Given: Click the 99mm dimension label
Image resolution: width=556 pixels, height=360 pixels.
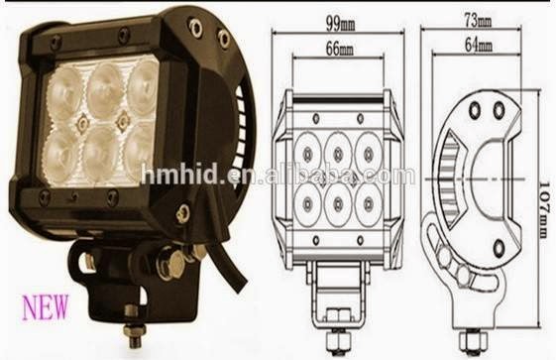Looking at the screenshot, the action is click(341, 24).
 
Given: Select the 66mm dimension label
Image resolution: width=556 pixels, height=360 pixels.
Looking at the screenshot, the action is click(340, 49).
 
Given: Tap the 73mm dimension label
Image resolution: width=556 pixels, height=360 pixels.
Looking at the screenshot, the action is click(478, 21).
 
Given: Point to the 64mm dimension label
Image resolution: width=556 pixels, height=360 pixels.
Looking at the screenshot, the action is click(479, 45).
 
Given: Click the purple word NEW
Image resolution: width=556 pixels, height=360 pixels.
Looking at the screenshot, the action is click(46, 306).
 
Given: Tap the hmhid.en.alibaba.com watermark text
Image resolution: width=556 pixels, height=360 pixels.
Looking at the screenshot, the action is click(278, 175).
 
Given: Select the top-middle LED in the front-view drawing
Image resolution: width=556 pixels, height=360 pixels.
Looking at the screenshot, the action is click(338, 153).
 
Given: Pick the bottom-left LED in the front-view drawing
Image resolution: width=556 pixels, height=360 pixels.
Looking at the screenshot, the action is click(308, 204).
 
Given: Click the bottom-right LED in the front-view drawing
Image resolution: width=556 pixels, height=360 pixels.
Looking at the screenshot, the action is click(369, 204).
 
